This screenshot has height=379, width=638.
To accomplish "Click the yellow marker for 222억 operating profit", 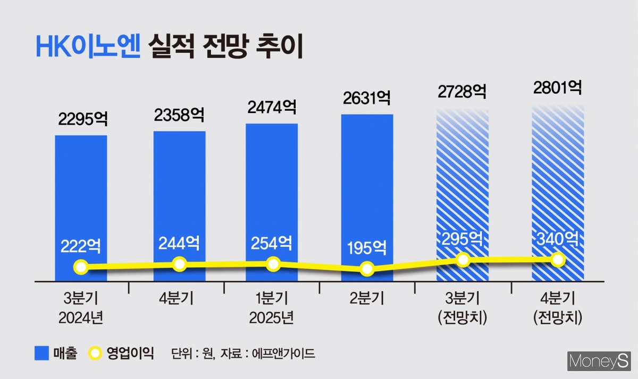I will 81,267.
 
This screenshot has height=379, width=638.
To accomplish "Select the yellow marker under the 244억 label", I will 180,264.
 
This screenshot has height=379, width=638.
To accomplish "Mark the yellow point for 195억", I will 366,269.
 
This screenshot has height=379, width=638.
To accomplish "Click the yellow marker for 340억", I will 558,260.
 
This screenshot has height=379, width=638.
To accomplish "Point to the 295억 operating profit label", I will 463,238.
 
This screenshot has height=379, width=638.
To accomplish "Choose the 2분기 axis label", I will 366,298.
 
